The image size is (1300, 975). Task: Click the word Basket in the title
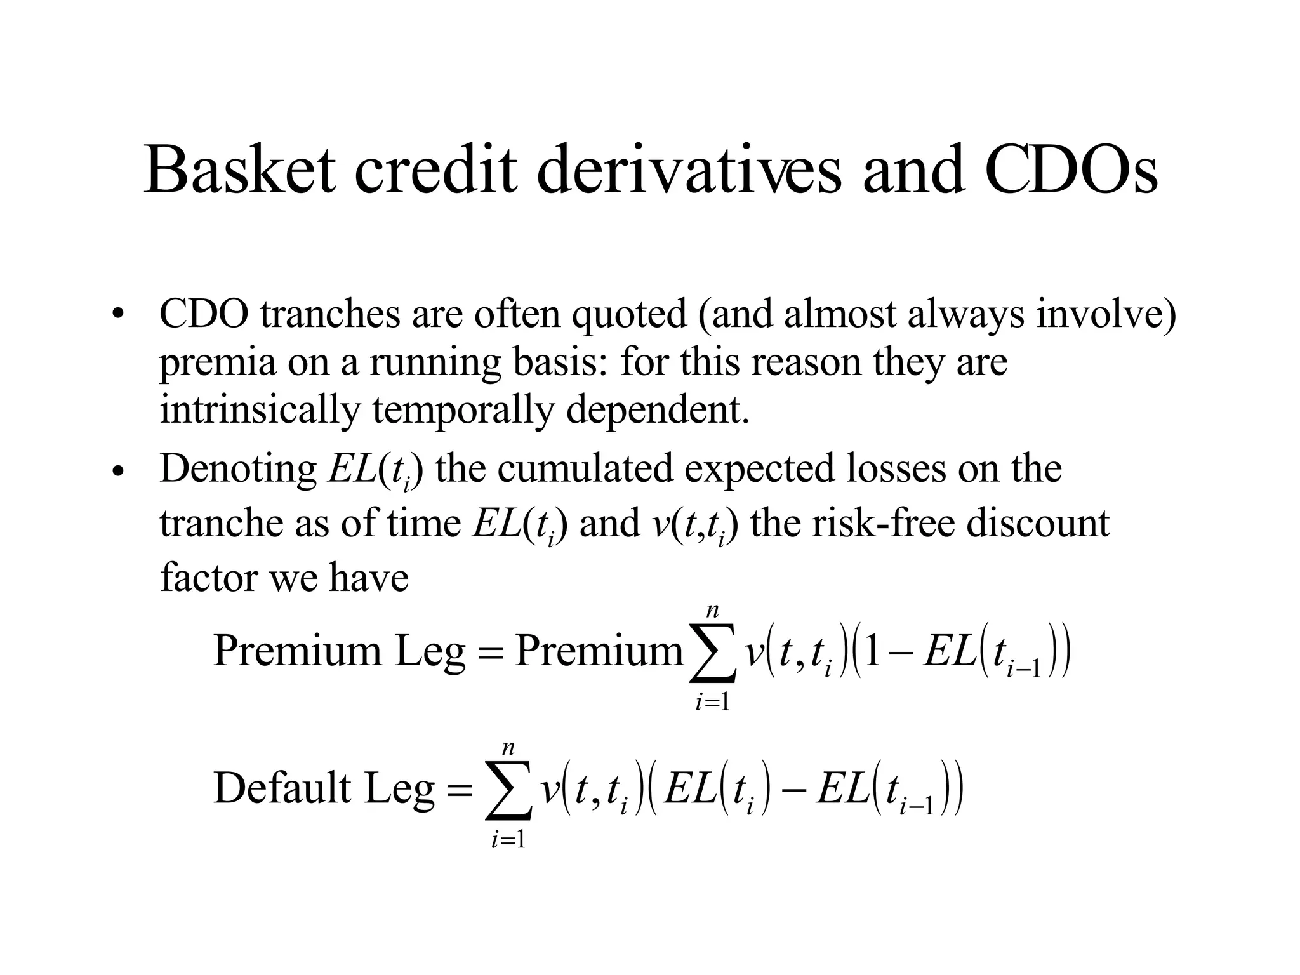coord(239,169)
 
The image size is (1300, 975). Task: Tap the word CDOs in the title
coord(1071,169)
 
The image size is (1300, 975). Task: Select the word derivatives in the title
coord(689,169)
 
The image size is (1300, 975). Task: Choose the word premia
coord(216,364)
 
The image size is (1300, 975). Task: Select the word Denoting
coord(238,470)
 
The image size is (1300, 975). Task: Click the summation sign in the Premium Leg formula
coord(712,654)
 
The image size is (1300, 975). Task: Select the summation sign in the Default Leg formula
coord(508,791)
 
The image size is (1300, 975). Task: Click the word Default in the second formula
coord(282,788)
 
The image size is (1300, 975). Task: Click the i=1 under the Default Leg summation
coord(508,840)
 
